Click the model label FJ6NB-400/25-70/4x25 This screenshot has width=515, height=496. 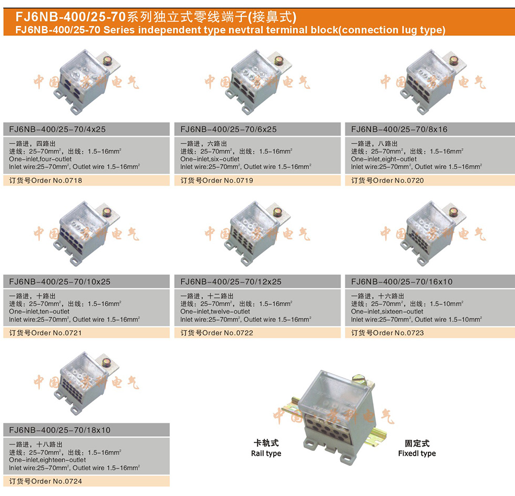click(57, 129)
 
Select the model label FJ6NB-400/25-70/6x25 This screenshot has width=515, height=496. click(228, 129)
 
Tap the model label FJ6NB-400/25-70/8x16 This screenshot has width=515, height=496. click(399, 129)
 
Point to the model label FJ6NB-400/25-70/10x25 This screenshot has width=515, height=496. click(59, 282)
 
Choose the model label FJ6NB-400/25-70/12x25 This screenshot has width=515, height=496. click(231, 282)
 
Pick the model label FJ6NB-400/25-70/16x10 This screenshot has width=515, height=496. click(401, 282)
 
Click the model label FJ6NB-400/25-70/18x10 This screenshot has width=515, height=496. click(59, 430)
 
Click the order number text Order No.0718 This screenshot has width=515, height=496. click(57, 180)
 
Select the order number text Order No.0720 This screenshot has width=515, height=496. click(398, 180)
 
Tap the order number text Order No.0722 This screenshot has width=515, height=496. click(228, 333)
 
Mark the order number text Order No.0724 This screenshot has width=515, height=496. click(57, 481)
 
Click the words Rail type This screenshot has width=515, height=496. click(266, 453)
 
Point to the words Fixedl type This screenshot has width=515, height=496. click(417, 453)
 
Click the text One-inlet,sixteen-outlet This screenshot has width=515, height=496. click(387, 312)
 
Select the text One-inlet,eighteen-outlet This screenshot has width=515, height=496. click(47, 460)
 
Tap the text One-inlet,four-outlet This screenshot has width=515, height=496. click(40, 159)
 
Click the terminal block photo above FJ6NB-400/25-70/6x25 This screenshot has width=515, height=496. click(258, 81)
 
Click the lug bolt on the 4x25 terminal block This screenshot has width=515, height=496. click(107, 60)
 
